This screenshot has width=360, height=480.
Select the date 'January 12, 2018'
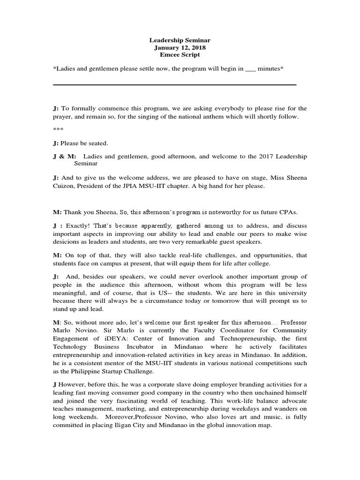[180, 47]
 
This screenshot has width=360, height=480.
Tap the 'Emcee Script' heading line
[180, 54]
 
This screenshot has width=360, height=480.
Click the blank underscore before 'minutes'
[250, 69]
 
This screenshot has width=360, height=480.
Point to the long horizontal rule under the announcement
[175, 85]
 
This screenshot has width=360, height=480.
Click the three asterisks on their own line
[58, 129]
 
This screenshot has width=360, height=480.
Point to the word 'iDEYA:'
[118, 338]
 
